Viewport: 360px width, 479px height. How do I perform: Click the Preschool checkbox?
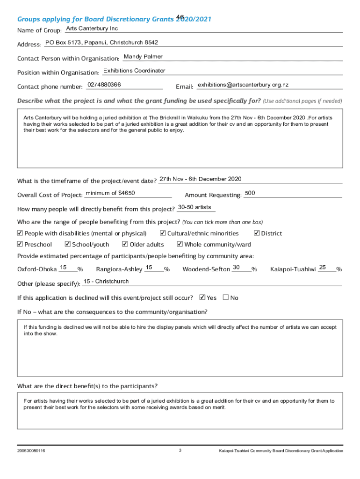pos(20,244)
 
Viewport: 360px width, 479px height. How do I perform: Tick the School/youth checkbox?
pos(68,244)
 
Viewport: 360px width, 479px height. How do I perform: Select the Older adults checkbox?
pos(125,244)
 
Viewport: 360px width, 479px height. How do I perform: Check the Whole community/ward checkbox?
pos(180,244)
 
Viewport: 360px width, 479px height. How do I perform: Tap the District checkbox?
pos(257,233)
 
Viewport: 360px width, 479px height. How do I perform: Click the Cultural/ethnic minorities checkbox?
pos(163,233)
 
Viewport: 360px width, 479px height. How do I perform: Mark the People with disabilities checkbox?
pos(20,233)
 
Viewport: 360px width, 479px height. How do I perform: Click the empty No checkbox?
pos(226,297)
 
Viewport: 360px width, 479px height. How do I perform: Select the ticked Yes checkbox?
pos(202,297)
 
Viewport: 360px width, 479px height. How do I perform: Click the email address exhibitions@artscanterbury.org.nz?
pos(243,85)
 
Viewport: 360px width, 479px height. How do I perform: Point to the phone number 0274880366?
pos(104,85)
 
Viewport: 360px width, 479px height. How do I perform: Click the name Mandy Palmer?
pos(143,57)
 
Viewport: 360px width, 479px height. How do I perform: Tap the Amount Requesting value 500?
pos(250,193)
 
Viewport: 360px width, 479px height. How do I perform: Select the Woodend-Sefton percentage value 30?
pos(237,267)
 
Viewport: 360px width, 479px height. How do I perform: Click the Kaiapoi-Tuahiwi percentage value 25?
pos(323,267)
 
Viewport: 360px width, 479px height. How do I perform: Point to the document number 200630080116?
pos(31,451)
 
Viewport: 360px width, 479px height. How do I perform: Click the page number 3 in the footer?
pos(180,450)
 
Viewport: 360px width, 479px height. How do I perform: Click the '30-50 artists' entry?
pos(194,207)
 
